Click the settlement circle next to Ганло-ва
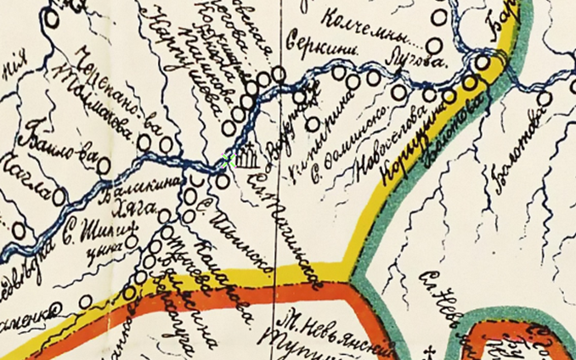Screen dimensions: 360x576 click(x=104, y=166)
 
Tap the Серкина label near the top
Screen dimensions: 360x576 click(x=313, y=40)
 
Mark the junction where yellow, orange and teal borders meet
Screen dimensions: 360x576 click(x=347, y=273)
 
